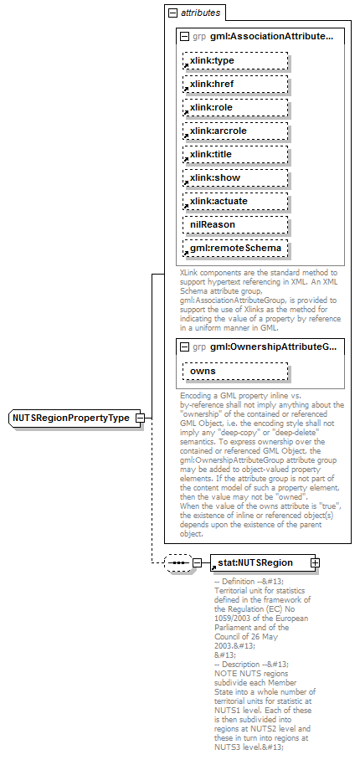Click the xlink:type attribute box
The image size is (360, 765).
235,60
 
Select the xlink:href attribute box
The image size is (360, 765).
235,84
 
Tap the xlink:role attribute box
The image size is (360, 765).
235,107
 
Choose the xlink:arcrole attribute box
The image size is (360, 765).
235,131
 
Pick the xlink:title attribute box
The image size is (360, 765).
235,154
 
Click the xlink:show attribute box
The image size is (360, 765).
235,177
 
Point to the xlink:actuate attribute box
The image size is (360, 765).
235,201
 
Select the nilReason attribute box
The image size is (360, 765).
235,224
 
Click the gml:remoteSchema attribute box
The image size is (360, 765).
235,248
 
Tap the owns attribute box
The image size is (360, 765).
235,370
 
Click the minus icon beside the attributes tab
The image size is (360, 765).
172,13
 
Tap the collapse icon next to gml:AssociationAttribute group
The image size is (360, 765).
184,37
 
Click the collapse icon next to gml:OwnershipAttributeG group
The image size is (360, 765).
184,346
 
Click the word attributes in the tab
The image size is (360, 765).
201,13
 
